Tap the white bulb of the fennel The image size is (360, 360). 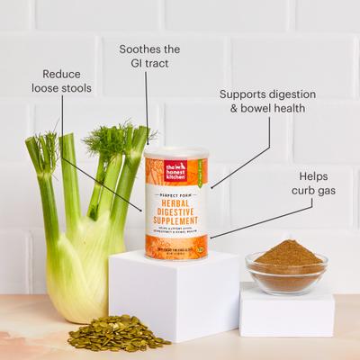[77, 261]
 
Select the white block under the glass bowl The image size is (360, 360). [286, 311]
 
